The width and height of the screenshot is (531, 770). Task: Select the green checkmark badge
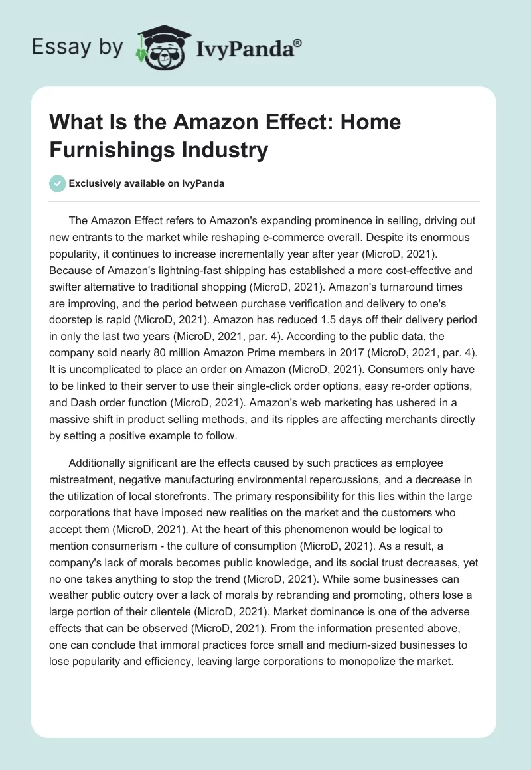pos(58,183)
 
